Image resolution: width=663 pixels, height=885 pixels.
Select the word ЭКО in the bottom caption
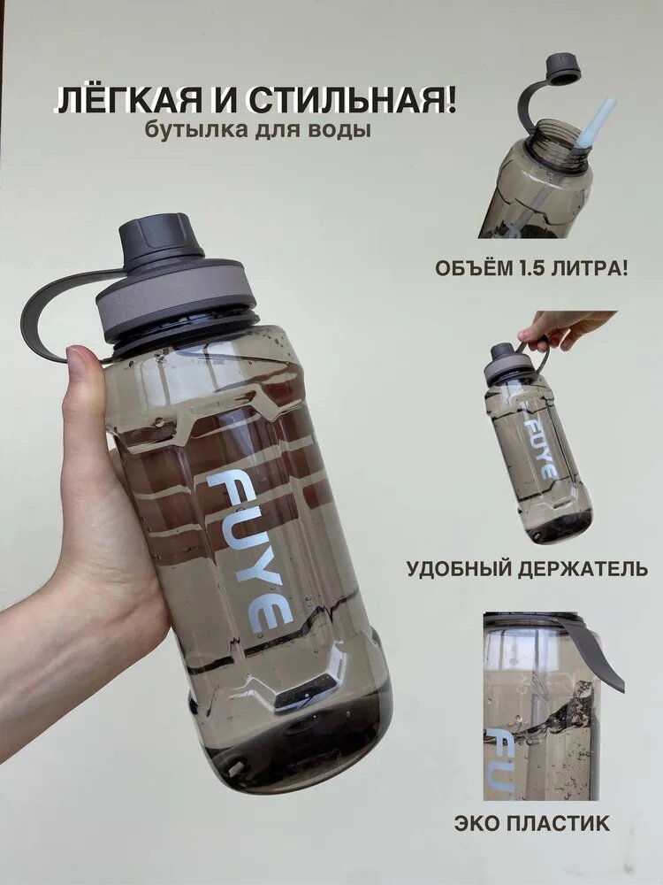tap(478, 824)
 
